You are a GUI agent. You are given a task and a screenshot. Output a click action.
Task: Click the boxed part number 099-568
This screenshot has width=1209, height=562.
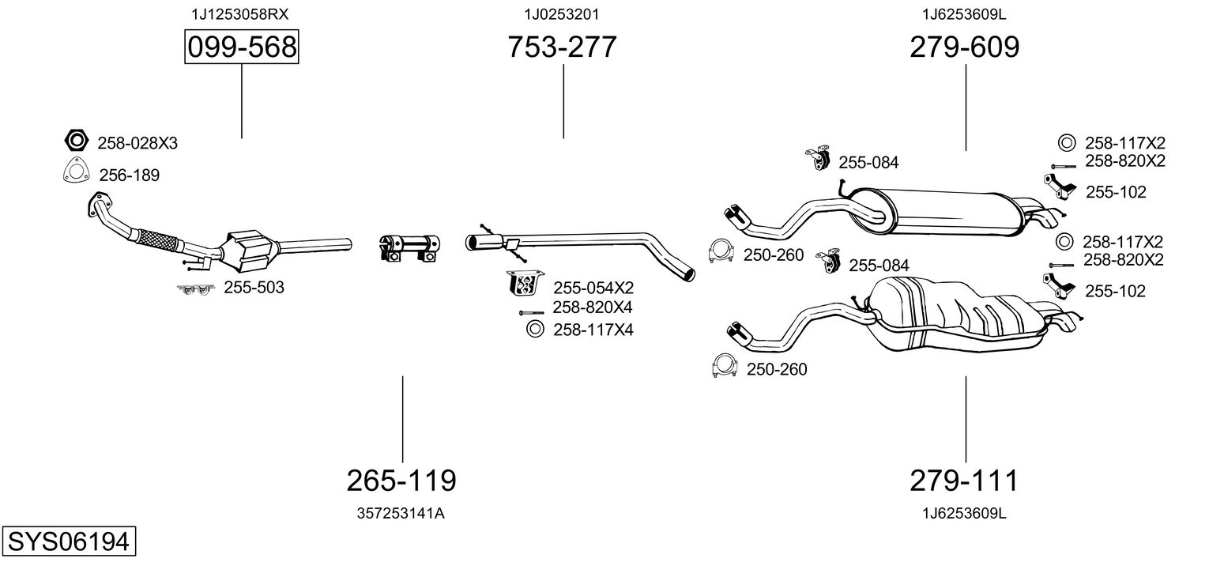pos(241,47)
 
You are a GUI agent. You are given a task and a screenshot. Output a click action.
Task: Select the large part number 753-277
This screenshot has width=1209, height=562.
pos(562,47)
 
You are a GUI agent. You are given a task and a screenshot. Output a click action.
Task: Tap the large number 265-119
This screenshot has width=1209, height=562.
pos(401,480)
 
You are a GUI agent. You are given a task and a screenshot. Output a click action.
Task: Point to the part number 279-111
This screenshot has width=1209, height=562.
pos(964,480)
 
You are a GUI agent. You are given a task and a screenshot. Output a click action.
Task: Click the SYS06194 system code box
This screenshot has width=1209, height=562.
pos(69,541)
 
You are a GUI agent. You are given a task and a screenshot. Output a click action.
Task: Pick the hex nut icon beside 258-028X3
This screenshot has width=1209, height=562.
pos(76,141)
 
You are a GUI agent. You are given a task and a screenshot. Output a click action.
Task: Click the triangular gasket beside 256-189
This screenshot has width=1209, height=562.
pos(76,171)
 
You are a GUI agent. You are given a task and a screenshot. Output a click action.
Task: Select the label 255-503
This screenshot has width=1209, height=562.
pos(254,287)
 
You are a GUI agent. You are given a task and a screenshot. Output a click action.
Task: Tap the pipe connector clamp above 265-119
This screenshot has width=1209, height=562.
pos(409,248)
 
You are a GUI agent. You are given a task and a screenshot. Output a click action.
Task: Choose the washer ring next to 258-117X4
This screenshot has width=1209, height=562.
pos(535,328)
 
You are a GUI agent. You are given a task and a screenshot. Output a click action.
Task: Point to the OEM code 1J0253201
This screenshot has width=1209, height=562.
pos(562,14)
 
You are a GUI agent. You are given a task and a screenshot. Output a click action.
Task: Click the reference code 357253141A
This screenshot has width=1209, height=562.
pos(401,514)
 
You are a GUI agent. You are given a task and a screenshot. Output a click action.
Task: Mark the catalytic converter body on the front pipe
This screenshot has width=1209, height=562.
pos(249,251)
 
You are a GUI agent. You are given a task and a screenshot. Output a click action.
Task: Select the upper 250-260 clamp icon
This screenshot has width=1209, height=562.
pos(721,251)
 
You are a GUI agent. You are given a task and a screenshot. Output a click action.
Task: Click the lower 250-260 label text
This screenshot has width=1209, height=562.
pos(777,369)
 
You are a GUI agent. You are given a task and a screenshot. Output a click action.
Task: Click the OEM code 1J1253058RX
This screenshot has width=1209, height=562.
pos(240,14)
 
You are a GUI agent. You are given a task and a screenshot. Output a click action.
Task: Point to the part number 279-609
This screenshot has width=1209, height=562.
pos(965,47)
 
